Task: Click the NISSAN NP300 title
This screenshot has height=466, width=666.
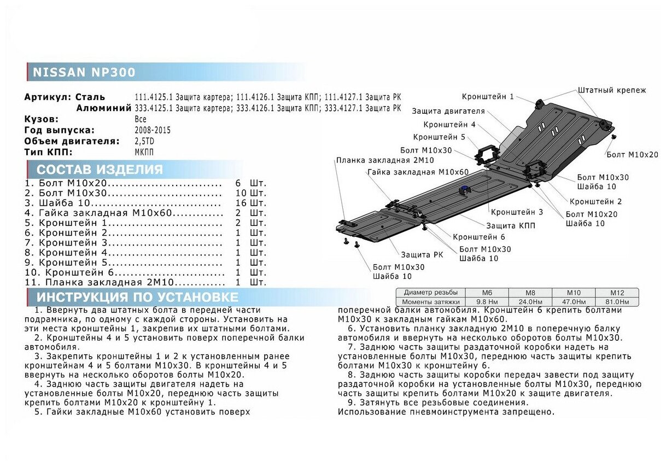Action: point(84,72)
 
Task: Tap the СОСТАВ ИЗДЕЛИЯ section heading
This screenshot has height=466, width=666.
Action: point(100,169)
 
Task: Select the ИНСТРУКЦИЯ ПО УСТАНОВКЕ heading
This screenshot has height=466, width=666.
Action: point(137,297)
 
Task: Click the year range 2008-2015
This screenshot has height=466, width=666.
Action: point(152,130)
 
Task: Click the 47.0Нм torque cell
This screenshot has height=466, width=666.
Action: point(574,301)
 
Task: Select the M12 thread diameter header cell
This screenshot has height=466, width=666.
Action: point(616,293)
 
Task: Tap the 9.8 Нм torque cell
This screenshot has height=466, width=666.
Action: point(487,301)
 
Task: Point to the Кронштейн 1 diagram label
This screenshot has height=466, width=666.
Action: point(487,97)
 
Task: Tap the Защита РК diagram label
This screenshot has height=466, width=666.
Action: point(422,255)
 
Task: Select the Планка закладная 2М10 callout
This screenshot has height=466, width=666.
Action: point(385,160)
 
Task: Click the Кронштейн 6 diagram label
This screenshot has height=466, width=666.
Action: point(478,237)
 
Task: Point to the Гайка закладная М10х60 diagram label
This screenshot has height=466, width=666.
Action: point(418,172)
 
